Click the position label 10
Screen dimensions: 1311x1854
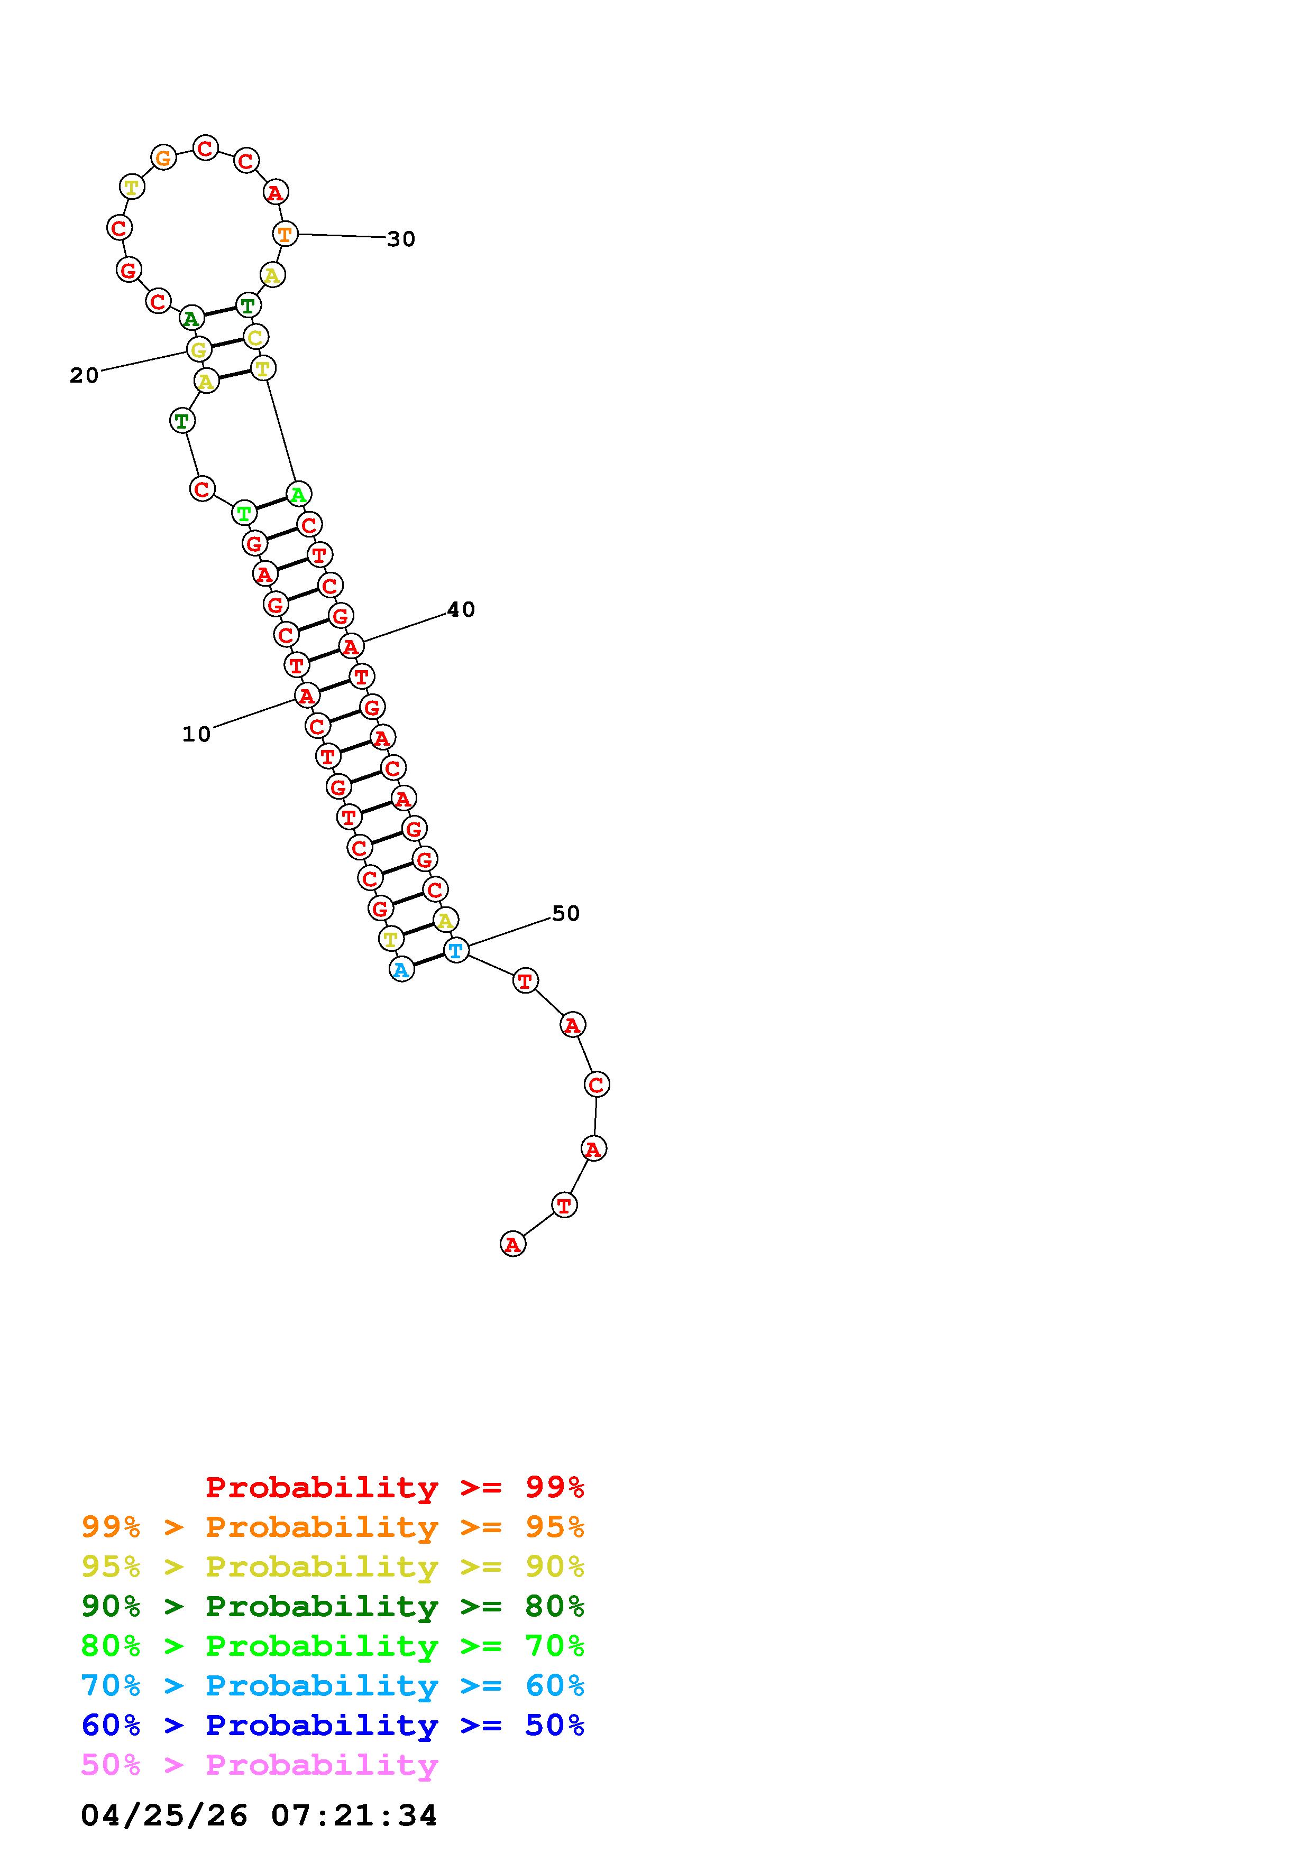click(196, 735)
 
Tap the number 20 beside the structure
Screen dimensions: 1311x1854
click(84, 375)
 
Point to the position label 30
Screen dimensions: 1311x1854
click(401, 239)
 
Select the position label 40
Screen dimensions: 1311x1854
click(461, 610)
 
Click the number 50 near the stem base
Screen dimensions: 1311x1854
click(565, 913)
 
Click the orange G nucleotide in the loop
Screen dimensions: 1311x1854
click(164, 157)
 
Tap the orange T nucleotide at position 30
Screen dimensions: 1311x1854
click(285, 234)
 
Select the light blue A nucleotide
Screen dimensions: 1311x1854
click(401, 969)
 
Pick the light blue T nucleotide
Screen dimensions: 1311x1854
click(455, 950)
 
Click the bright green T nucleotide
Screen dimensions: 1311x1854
click(244, 513)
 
